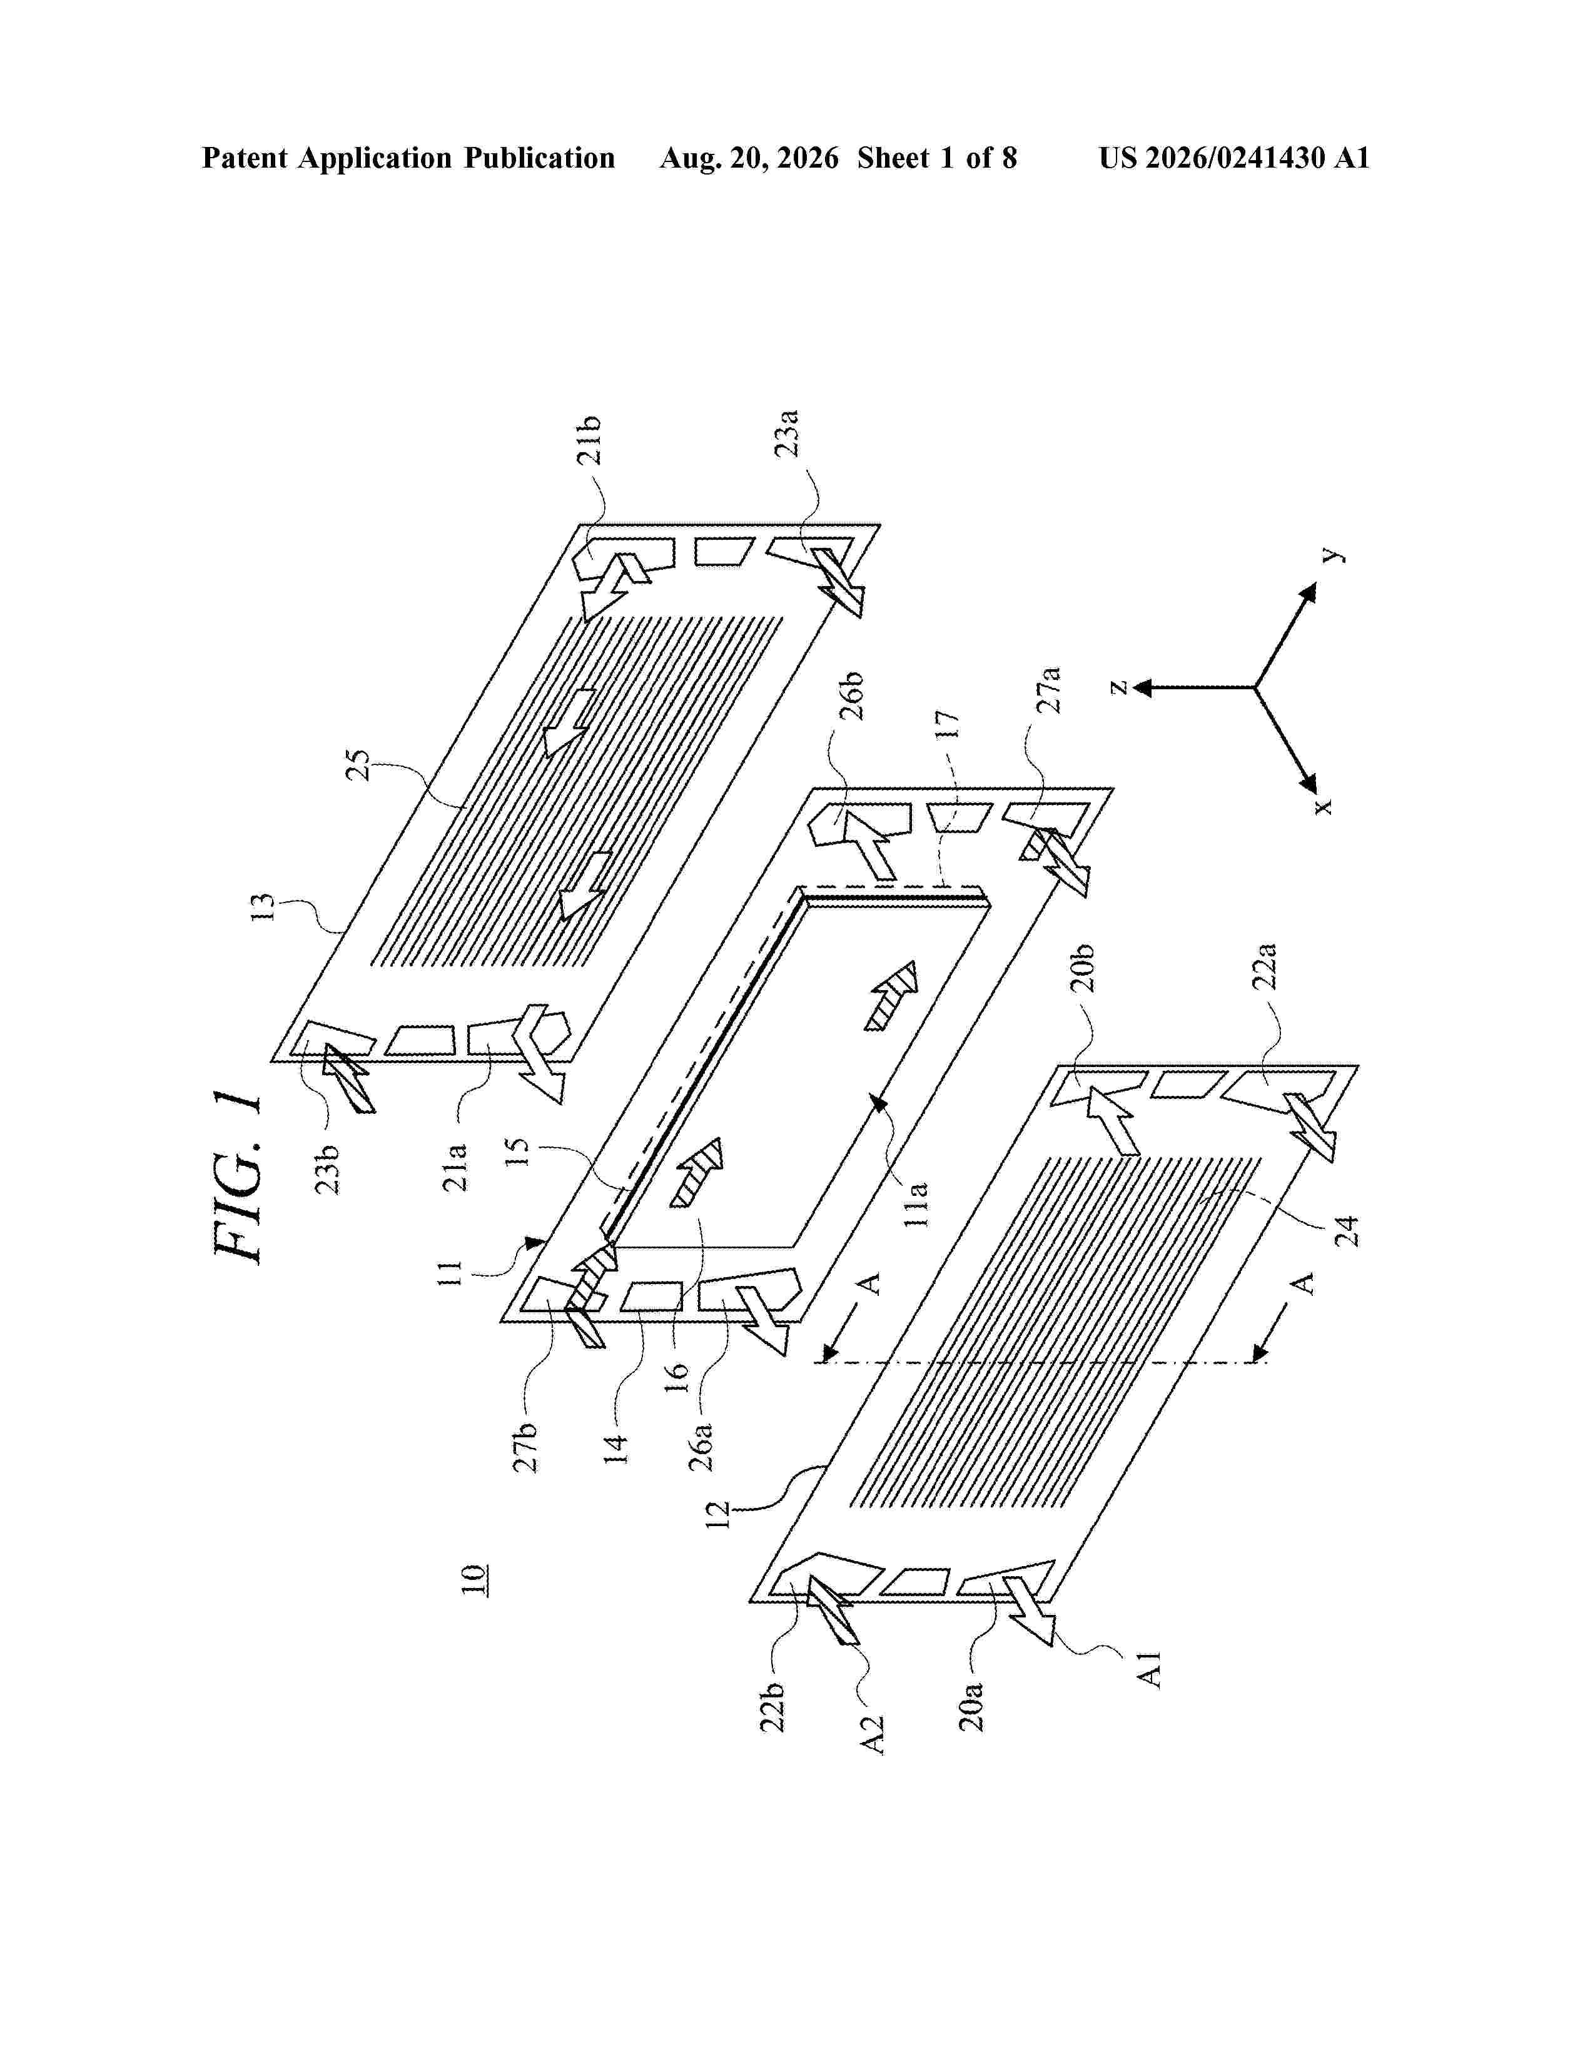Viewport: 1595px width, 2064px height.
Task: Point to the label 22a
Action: click(x=1264, y=965)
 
